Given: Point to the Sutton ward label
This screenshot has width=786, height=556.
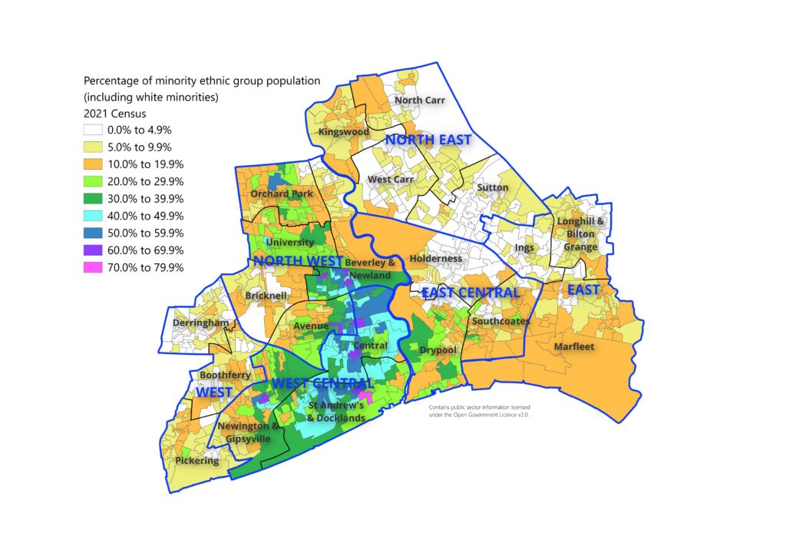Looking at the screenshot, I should (492, 187).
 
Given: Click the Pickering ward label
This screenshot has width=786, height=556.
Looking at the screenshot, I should (196, 461).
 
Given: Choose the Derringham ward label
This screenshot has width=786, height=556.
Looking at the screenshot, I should (200, 323).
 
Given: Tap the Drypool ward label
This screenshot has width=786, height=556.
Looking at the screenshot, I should (438, 350).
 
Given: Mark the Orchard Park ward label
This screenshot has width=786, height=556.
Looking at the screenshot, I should (281, 194).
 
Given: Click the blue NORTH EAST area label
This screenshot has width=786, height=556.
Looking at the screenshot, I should (428, 140).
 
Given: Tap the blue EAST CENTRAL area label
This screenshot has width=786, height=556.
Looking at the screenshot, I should (471, 293).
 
